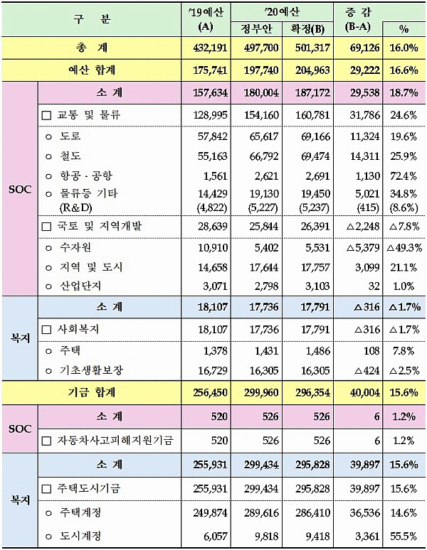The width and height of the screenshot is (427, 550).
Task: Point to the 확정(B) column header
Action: (x=309, y=28)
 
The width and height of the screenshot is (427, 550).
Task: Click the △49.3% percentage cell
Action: (x=403, y=248)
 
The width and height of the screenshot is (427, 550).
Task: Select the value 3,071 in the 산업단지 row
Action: (x=213, y=286)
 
